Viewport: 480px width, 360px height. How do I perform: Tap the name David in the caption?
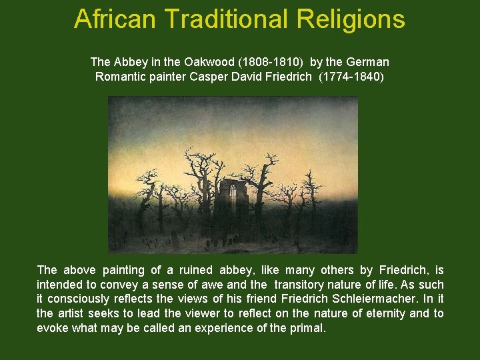tap(252, 76)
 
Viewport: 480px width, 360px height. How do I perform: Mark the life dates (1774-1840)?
tap(352, 76)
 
